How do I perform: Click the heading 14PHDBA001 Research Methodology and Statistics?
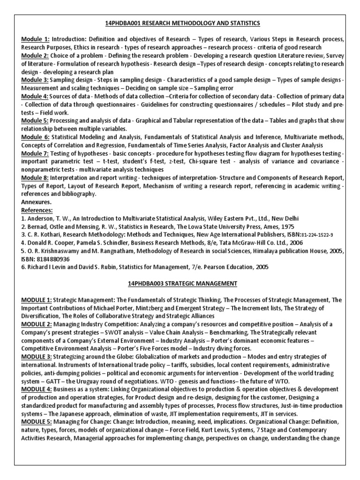click(x=180, y=23)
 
